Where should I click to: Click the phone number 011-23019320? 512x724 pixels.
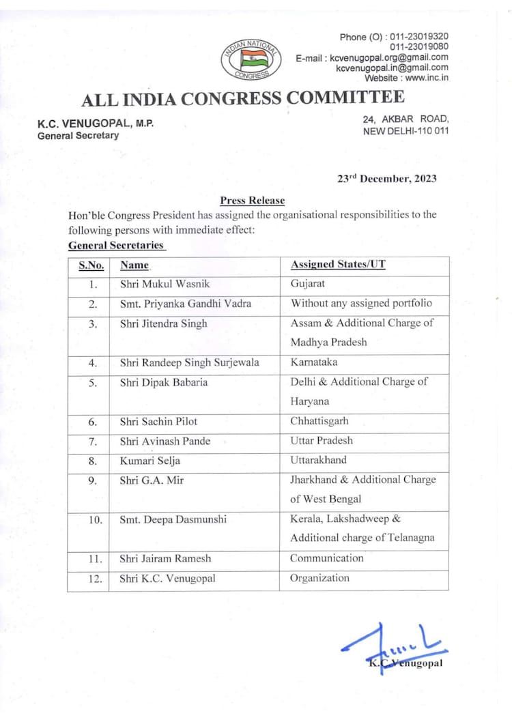419,36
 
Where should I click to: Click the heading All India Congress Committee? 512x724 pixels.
242,99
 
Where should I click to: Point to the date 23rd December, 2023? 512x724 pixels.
386,179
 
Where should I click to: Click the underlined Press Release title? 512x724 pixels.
252,201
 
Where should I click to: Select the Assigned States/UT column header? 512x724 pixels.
338,265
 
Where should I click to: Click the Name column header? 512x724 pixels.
134,265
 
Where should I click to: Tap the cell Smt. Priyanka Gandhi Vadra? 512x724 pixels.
177,304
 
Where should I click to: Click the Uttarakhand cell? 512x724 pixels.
318,460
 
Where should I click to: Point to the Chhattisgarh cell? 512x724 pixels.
319,421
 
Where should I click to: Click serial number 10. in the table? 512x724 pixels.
95,520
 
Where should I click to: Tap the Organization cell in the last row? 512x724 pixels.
319,578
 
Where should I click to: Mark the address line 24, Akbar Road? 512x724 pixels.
406,118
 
